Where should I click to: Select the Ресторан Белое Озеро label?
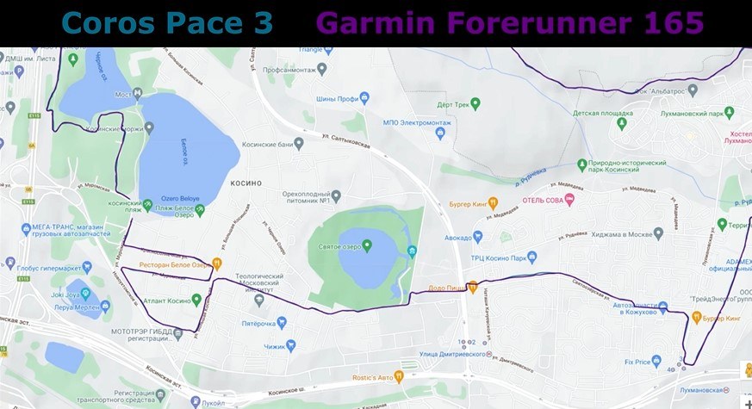176,264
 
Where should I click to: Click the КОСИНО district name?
245,183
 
